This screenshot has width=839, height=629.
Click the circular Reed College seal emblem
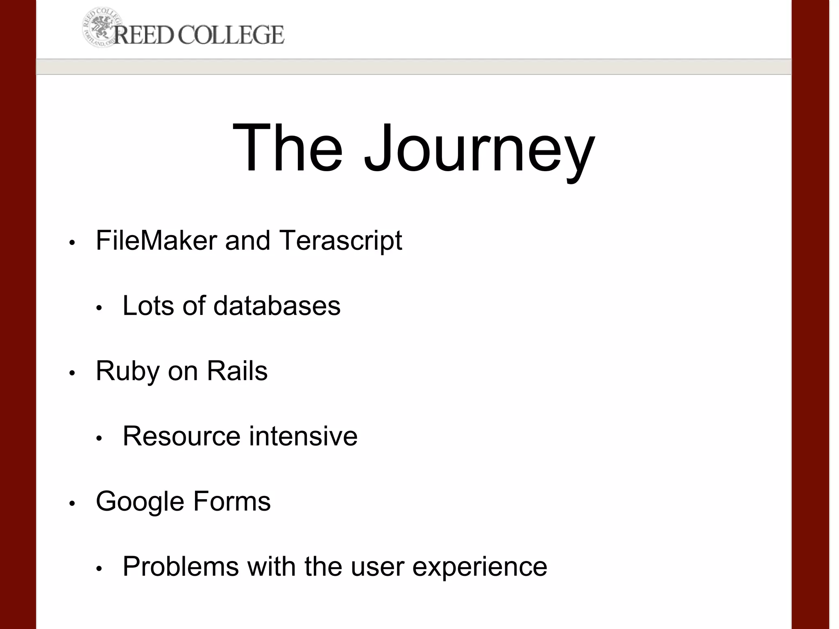(x=98, y=27)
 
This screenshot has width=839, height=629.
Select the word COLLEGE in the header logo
(x=231, y=34)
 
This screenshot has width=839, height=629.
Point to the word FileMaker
(x=156, y=240)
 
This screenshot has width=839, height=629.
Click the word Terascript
(x=340, y=240)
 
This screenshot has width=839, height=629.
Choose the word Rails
(x=237, y=371)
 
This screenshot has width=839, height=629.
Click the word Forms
(x=231, y=501)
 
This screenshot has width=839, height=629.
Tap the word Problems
(x=181, y=567)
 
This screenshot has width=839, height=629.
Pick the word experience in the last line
(x=479, y=568)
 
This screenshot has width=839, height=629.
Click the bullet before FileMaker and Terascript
(x=72, y=243)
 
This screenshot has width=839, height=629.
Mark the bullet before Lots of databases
(x=99, y=308)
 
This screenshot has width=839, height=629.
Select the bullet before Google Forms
(x=72, y=504)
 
